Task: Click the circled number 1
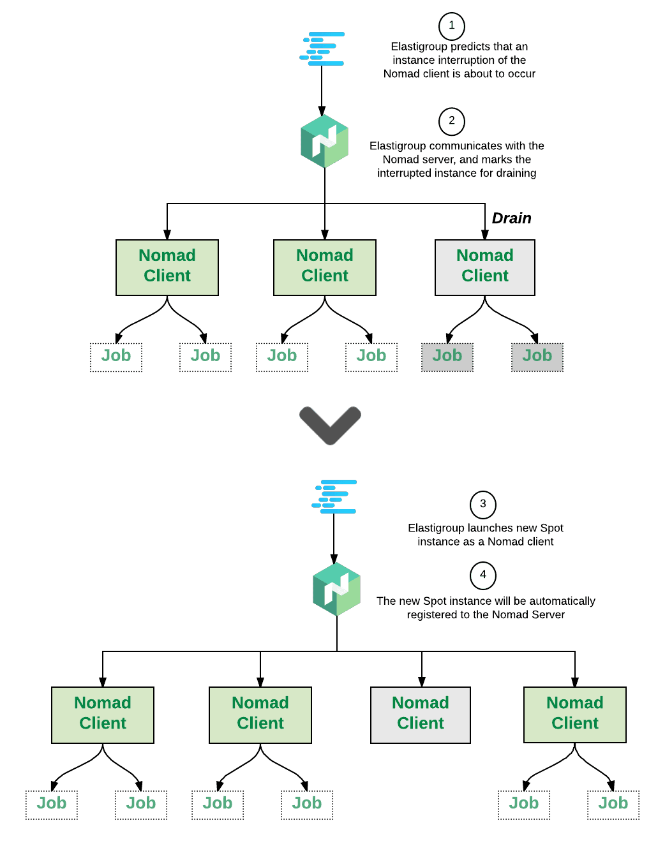point(452,26)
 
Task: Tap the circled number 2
point(452,121)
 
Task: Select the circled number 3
point(483,504)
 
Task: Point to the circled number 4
point(483,575)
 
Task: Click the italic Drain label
point(511,219)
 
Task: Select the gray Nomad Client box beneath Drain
point(485,267)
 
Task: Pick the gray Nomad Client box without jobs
point(421,715)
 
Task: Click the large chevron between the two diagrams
point(330,424)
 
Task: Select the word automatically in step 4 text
point(562,601)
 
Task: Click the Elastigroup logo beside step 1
point(322,49)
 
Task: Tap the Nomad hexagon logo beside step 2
point(325,141)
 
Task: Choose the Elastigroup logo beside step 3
point(334,496)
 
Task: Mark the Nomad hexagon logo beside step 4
point(337,589)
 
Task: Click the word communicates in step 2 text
point(460,146)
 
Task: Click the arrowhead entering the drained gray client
point(485,234)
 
